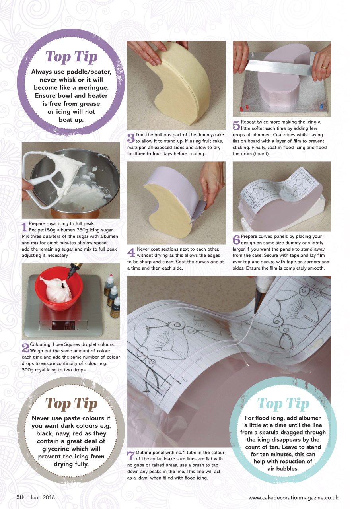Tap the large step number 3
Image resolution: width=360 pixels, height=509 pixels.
131,138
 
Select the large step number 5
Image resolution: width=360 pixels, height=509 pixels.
236,125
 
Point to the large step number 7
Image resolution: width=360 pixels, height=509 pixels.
131,456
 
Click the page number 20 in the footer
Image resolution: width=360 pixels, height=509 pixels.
20,497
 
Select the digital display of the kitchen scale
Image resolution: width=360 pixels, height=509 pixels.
64,325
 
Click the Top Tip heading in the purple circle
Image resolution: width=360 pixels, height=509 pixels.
71,57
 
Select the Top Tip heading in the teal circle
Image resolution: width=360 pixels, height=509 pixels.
283,403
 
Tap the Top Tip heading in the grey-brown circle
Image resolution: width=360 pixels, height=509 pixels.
71,403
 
